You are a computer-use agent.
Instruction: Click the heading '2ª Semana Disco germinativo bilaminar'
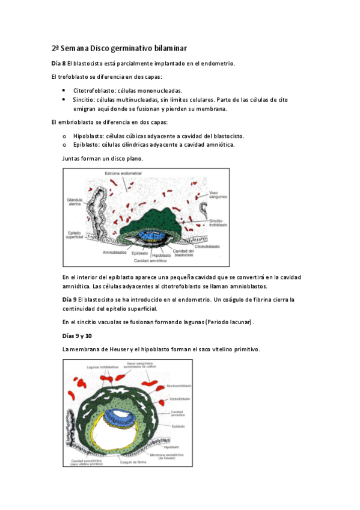pyautogui.click(x=118, y=48)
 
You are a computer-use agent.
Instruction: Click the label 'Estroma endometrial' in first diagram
pyautogui.click(x=123, y=173)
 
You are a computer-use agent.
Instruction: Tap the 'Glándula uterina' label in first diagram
pyautogui.click(x=77, y=201)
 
